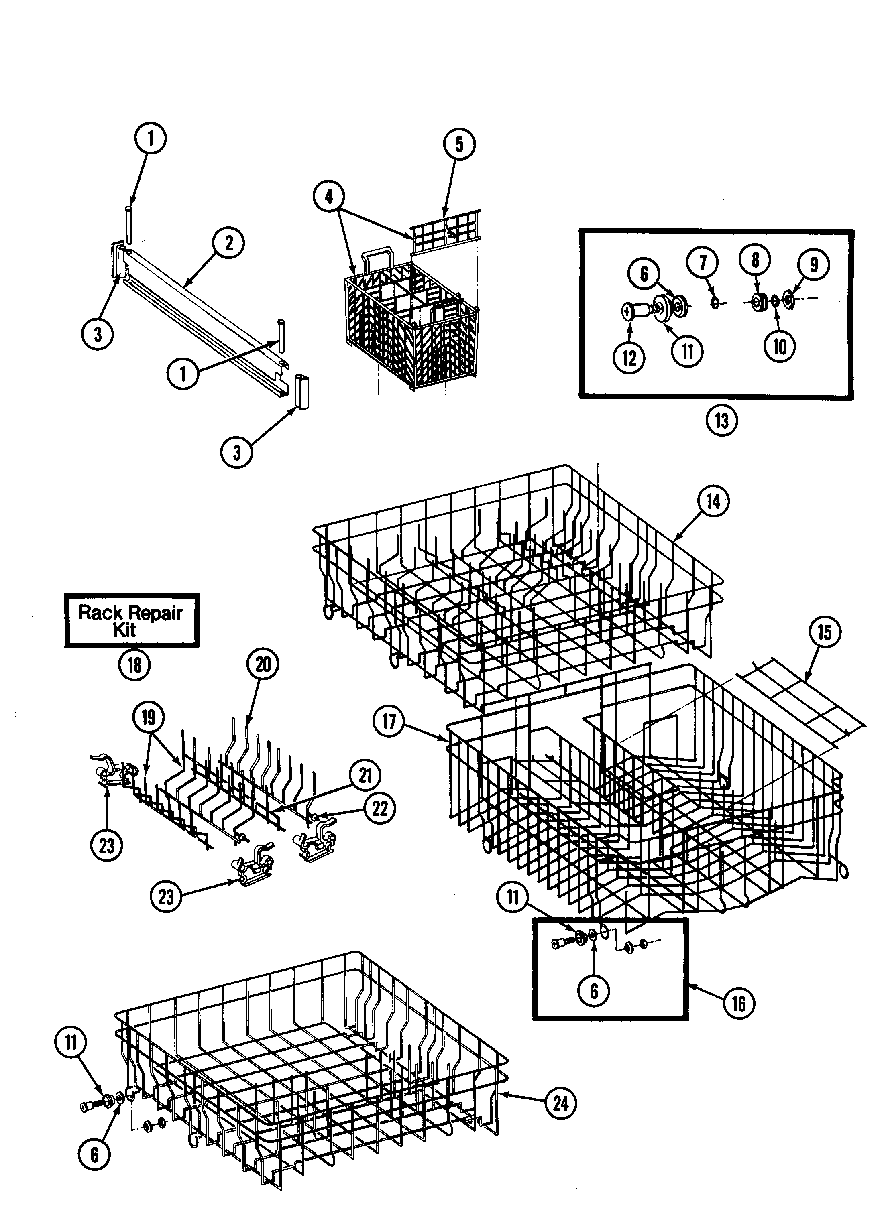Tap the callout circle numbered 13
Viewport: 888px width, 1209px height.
[x=721, y=421]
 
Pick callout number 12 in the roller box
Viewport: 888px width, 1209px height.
[x=629, y=358]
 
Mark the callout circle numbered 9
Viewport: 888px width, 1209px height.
[x=813, y=264]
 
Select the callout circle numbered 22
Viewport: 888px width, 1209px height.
[x=380, y=808]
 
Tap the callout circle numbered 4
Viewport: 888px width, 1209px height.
[x=328, y=197]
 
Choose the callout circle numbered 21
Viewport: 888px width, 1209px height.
[x=366, y=775]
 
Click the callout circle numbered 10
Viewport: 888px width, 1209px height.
[x=780, y=347]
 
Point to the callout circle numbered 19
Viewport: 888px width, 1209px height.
[x=149, y=717]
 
